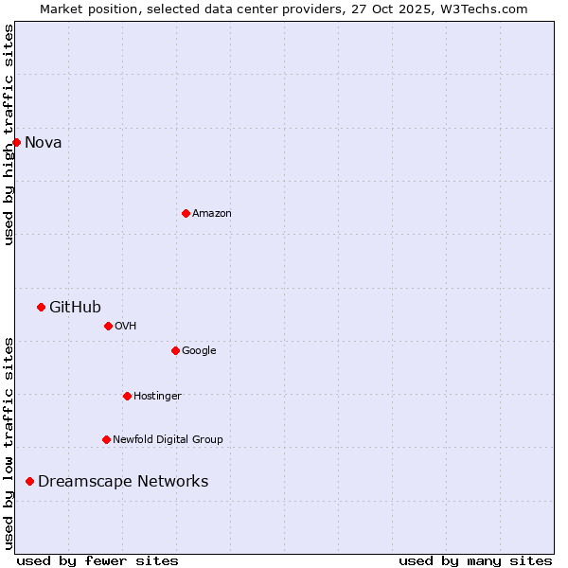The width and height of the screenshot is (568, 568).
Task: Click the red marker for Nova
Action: tap(16, 142)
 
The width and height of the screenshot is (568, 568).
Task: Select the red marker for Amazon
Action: tap(186, 213)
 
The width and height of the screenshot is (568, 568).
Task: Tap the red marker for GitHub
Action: tap(41, 307)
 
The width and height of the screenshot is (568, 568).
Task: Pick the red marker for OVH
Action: tap(108, 326)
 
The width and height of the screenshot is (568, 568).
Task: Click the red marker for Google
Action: tap(175, 350)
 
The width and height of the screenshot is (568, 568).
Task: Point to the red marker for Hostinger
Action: tap(127, 396)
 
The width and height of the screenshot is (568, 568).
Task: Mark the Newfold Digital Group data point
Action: tap(106, 439)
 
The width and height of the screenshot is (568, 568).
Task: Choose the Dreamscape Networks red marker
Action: tap(29, 481)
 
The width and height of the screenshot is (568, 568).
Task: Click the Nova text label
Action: tap(43, 143)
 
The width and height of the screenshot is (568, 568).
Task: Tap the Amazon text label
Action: tap(211, 214)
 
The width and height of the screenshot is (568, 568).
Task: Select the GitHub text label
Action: tap(75, 307)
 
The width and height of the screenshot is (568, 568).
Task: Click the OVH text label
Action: tap(125, 327)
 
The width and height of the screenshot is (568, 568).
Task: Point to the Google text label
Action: tap(199, 351)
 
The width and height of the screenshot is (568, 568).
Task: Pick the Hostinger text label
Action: tap(157, 396)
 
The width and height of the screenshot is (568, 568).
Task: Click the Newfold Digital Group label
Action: tap(168, 439)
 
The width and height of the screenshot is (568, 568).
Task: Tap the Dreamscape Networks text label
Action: tap(123, 481)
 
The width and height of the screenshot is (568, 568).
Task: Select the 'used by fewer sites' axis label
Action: tap(98, 560)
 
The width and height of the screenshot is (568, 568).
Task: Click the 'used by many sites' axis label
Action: tap(475, 560)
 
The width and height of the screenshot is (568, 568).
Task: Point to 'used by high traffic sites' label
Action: tap(9, 135)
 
